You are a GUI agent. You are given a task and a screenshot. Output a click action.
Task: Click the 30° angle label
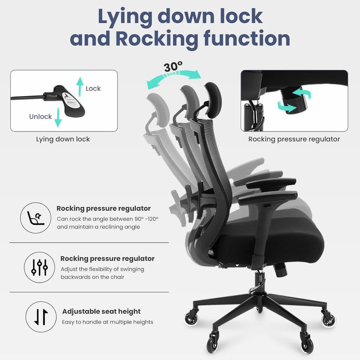(x=173, y=66)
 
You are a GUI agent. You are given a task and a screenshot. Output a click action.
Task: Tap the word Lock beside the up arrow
(x=93, y=89)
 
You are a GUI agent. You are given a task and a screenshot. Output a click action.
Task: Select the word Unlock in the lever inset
(x=40, y=116)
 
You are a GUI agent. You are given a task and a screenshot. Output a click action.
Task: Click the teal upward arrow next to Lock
(x=80, y=86)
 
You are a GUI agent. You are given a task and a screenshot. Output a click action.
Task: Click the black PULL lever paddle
(x=72, y=102)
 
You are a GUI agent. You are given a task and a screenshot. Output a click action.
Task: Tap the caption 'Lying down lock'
(x=63, y=139)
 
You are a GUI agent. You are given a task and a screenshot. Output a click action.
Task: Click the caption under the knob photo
(x=294, y=139)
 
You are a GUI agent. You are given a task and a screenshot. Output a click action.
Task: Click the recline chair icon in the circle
(x=36, y=218)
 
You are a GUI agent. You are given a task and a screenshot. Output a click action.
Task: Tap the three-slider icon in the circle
(x=39, y=268)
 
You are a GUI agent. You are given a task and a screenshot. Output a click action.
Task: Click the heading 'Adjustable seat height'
(x=101, y=311)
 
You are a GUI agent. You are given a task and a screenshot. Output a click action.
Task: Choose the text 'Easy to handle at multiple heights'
(x=108, y=322)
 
